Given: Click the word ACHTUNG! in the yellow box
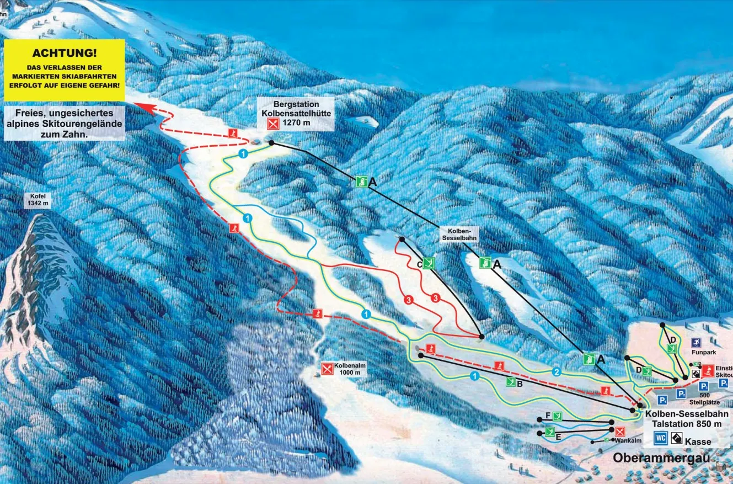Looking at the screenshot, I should tap(65, 54).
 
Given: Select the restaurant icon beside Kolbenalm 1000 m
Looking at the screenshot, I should tap(327, 368).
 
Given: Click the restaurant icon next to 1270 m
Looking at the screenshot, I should tap(272, 123).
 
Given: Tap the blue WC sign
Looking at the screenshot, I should tap(661, 438).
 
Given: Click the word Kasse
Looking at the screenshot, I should tap(698, 442).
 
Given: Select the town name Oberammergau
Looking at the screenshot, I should tap(661, 458).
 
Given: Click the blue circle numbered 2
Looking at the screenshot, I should tap(557, 372).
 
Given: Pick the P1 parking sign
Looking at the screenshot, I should tap(662, 399).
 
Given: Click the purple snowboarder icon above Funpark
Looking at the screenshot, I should tap(695, 342).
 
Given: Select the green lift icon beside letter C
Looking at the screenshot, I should tap(430, 263).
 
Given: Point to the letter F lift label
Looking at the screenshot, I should tap(548, 415).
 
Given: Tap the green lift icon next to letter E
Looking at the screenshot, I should tap(550, 432).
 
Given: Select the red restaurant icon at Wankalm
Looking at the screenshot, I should tap(620, 432).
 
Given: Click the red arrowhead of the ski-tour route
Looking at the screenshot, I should tap(141, 107).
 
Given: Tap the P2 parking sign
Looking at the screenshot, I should tap(681, 393).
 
